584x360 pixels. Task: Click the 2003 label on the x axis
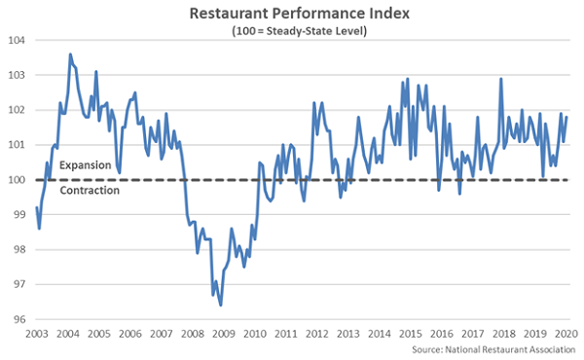coord(37,333)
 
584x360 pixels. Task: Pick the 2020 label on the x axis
coord(567,333)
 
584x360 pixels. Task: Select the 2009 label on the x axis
coord(224,333)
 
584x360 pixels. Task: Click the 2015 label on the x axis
coord(411,333)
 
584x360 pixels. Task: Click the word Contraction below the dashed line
coord(90,191)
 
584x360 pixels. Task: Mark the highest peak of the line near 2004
coord(71,54)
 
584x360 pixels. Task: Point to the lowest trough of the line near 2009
coord(221,305)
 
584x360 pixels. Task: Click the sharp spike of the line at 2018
coord(500,79)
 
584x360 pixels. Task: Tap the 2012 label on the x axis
coord(317,333)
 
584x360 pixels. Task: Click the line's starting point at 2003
coord(37,207)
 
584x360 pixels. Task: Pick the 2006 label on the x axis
coord(130,333)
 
